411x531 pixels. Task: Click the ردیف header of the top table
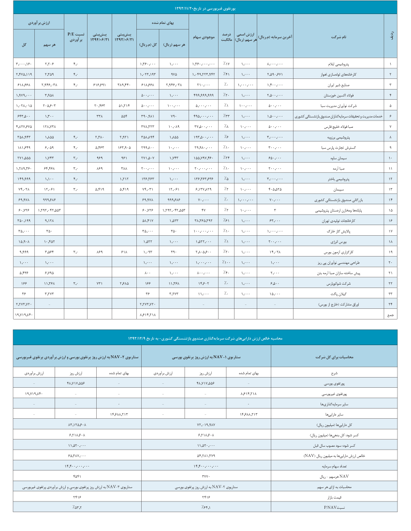[391, 37]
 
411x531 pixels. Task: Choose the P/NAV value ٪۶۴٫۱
[206, 506]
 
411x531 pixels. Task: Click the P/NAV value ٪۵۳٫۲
[76, 506]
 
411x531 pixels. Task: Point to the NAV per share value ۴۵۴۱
[76, 476]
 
